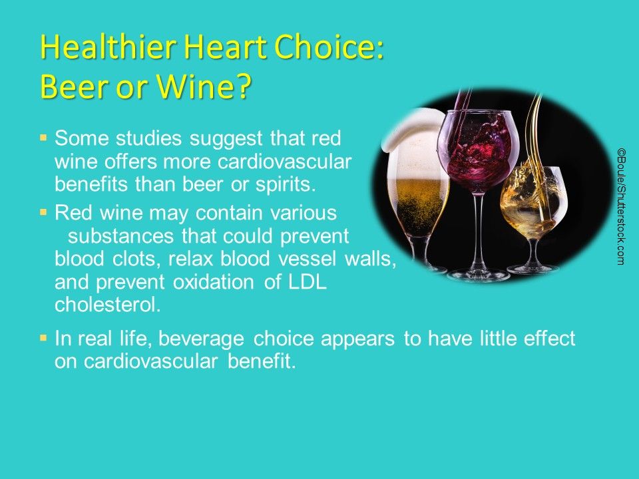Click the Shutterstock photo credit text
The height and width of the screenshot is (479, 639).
point(620,207)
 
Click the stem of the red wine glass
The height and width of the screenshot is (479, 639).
point(479,226)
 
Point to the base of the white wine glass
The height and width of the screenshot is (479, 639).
point(533,269)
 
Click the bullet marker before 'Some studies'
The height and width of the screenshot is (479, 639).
point(43,139)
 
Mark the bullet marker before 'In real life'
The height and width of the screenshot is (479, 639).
point(43,339)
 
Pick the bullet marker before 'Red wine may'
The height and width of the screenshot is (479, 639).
point(43,213)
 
